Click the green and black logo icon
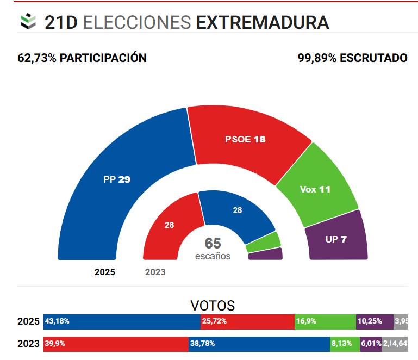tap(28, 22)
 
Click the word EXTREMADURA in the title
tap(262, 22)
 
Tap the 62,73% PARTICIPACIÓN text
tap(82, 58)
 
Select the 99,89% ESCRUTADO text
tap(352, 58)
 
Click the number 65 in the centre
tap(213, 244)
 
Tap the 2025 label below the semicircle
tap(104, 272)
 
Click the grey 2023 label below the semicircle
tap(155, 272)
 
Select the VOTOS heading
tap(213, 305)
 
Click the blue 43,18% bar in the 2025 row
tap(122, 321)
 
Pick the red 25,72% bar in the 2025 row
tap(247, 321)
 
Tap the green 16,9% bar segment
tap(325, 321)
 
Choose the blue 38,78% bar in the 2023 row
tap(259, 343)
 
